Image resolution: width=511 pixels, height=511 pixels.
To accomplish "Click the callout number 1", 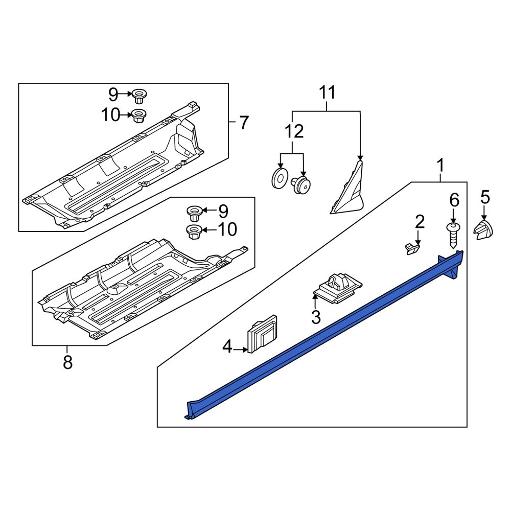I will click(440, 166).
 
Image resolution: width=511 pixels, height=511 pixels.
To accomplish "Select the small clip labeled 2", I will click(412, 248).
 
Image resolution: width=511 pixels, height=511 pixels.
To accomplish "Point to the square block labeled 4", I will click(263, 334).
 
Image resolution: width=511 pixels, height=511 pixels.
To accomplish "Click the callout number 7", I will click(244, 123).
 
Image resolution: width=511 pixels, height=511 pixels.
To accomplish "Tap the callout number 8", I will click(67, 362).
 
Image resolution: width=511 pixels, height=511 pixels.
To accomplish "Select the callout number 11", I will click(328, 93).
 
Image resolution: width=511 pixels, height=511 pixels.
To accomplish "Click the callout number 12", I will click(294, 131).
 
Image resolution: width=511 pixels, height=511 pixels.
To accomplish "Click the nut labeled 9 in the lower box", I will click(194, 211).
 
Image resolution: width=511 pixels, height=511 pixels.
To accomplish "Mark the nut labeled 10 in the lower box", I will click(194, 231).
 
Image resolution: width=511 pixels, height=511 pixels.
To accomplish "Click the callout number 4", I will click(227, 349).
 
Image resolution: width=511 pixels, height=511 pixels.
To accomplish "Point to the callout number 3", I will click(316, 317).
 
